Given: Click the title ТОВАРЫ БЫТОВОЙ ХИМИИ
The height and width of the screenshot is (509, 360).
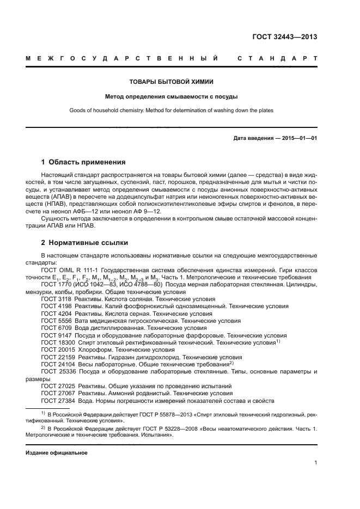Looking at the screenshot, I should (x=180, y=82).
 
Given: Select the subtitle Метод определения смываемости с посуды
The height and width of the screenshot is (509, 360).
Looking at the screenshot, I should (x=180, y=96).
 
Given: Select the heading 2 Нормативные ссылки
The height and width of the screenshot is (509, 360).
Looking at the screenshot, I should (x=85, y=242).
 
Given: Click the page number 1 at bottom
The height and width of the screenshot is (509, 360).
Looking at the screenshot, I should (x=315, y=463).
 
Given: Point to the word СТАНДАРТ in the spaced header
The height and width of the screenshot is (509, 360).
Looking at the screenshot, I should (x=277, y=58).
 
